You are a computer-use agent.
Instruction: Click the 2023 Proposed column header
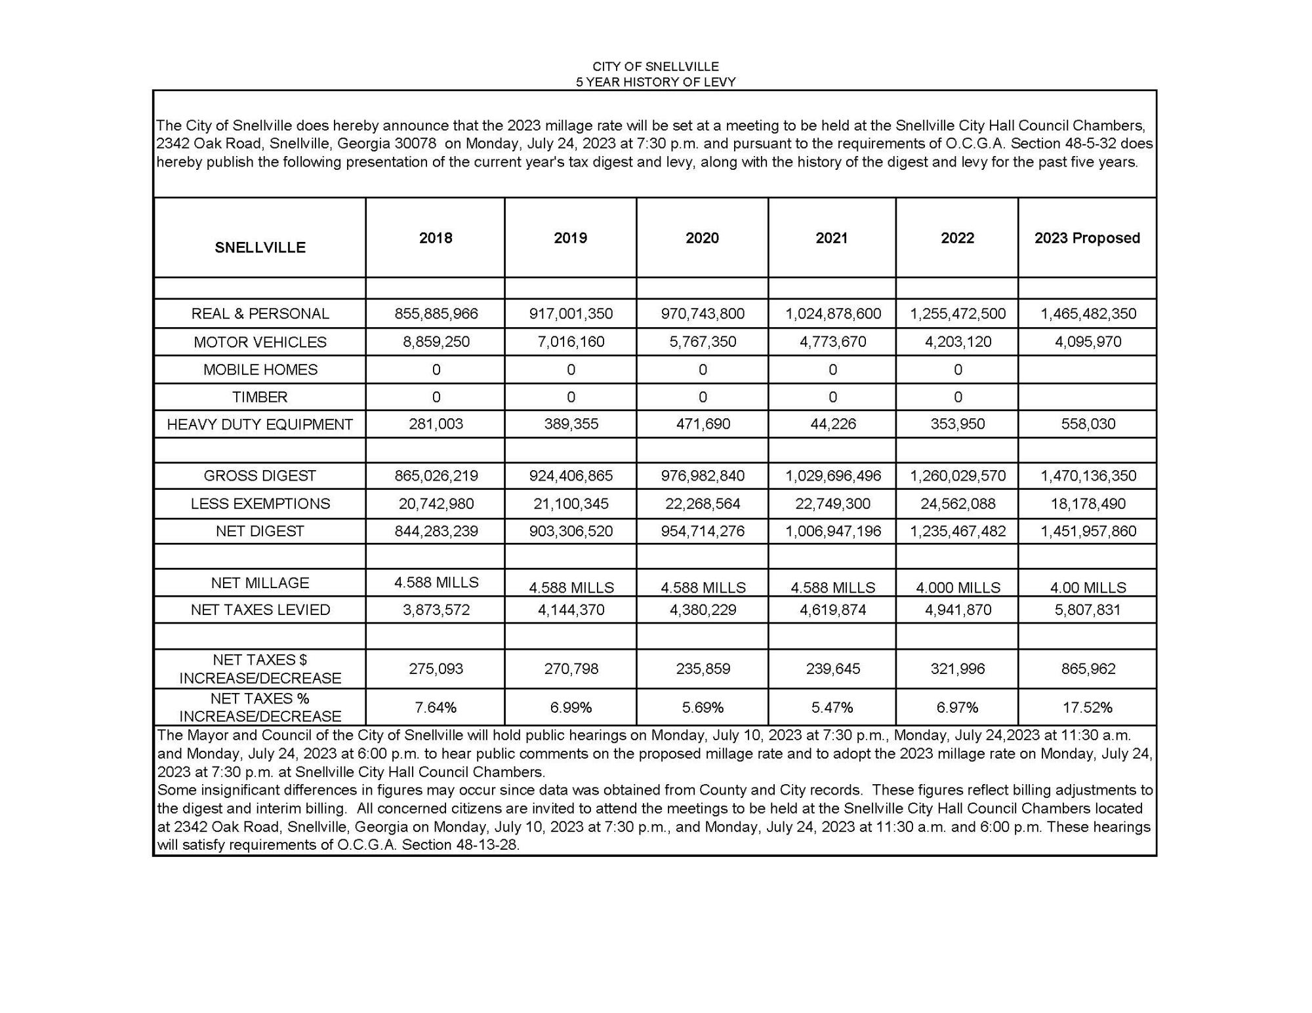[1087, 238]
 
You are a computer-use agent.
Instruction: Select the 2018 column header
[436, 238]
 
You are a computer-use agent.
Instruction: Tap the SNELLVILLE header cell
[260, 247]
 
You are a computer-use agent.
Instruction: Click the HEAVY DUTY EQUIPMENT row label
[260, 424]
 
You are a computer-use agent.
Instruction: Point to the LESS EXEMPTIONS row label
[260, 504]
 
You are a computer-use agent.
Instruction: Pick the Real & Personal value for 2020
[703, 313]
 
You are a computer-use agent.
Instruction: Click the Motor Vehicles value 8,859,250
[436, 342]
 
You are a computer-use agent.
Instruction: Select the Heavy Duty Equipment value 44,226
[832, 424]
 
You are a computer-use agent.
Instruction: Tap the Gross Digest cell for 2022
[957, 476]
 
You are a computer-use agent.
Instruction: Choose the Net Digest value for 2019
[571, 531]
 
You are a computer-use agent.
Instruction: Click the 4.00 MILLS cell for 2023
[1088, 587]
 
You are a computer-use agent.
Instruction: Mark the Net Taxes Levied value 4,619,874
[832, 610]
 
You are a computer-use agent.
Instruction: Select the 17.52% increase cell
[1088, 707]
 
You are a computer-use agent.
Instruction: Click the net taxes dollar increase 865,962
[1088, 669]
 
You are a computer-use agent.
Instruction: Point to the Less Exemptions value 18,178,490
[1088, 504]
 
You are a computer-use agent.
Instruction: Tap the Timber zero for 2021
[832, 397]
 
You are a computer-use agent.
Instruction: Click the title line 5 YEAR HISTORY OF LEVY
[655, 82]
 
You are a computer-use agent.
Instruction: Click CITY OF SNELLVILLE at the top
[655, 66]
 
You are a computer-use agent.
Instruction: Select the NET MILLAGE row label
[260, 583]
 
